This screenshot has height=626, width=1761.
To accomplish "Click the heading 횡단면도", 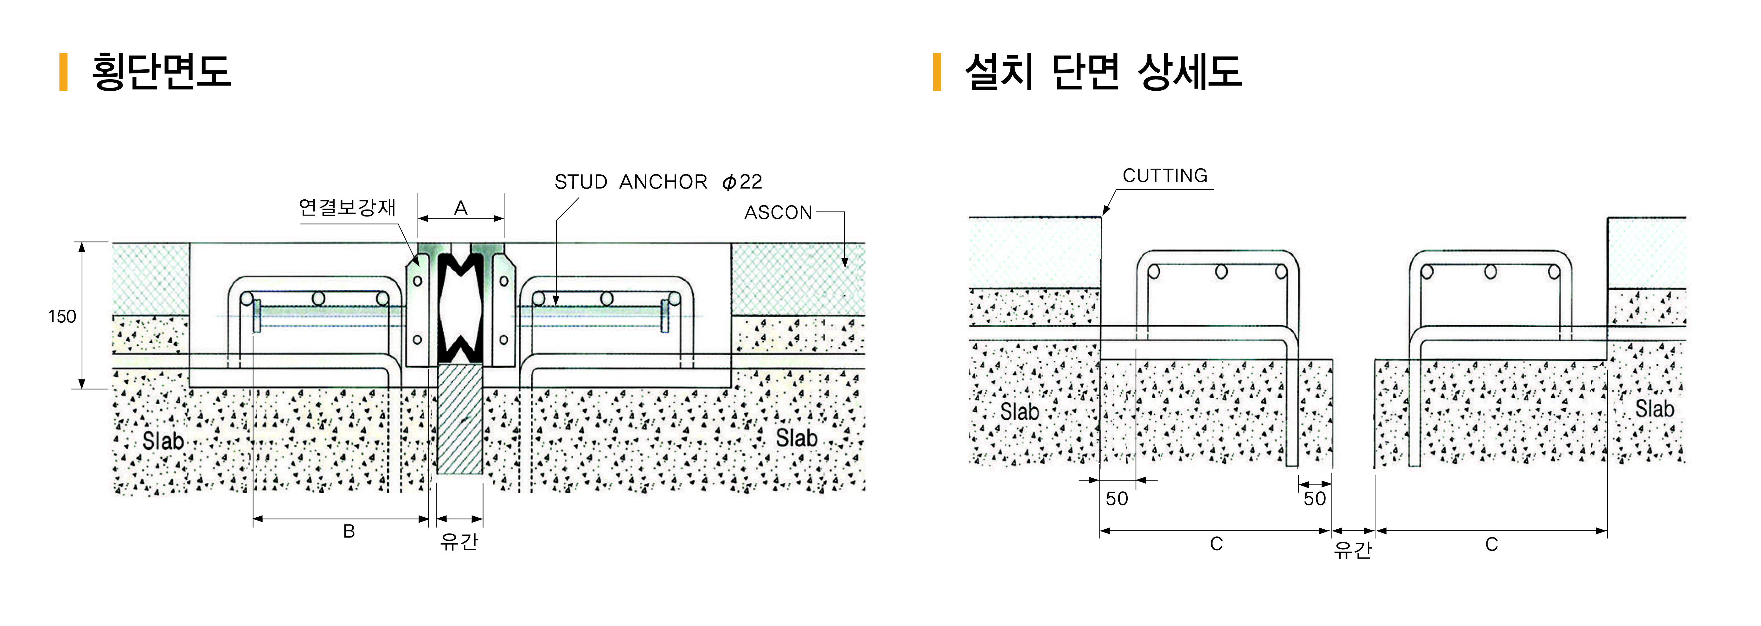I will coord(161,71).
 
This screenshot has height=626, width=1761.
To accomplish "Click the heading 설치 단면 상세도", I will coord(1103,71).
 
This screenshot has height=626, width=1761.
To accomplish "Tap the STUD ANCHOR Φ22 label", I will coord(658,182).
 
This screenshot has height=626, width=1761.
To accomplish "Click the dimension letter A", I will coord(461,208).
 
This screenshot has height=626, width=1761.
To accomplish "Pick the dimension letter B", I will coord(349,532).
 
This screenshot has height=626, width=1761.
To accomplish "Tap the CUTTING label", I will coord(1165,176).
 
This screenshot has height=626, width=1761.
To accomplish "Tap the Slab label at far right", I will coord(1654,409).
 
